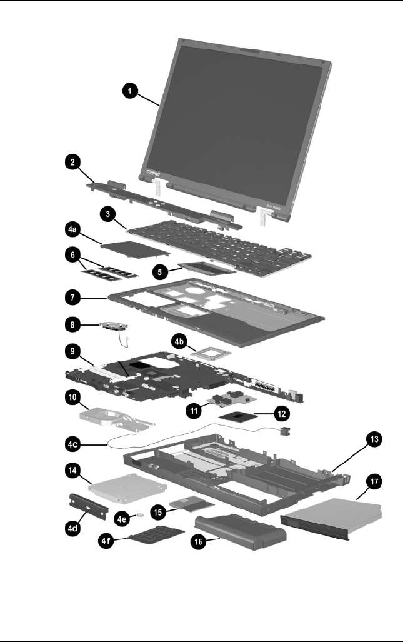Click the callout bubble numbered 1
pos(130,91)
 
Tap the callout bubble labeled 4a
pos(74,231)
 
